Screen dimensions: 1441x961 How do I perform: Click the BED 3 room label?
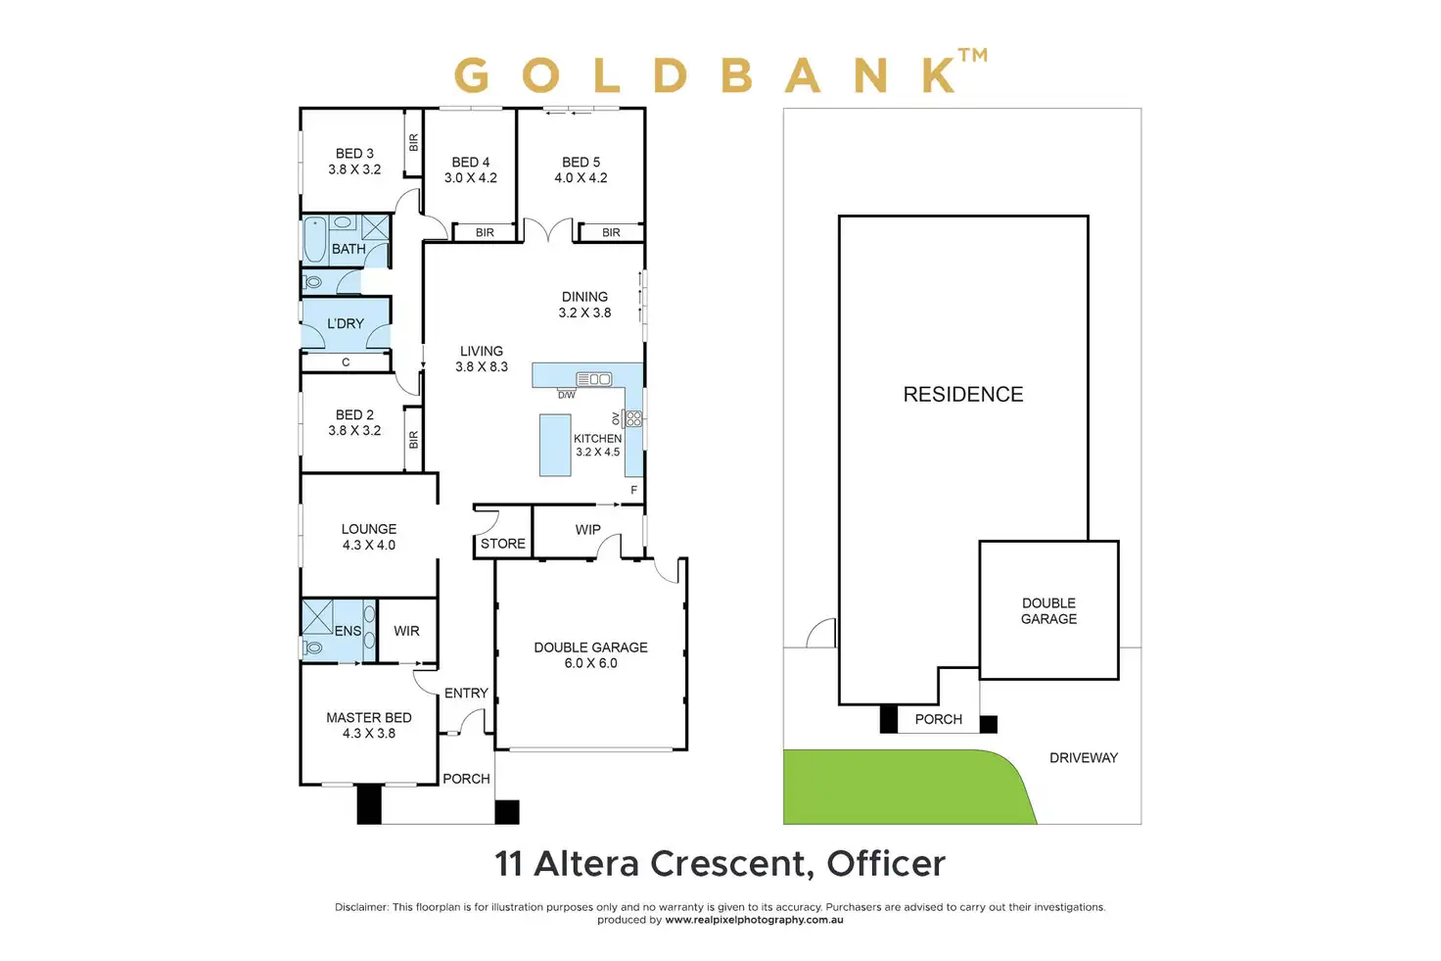coord(354,154)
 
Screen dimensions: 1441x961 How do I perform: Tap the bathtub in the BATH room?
coord(315,241)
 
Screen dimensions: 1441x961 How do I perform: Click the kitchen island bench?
coord(555,446)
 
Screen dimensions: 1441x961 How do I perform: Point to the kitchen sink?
coord(593,379)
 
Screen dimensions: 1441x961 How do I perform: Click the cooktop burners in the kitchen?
coord(633,418)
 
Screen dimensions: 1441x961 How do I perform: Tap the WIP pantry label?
coord(587,530)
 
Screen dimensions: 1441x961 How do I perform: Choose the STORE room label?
coord(503,544)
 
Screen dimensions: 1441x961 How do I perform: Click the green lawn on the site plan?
coord(901,787)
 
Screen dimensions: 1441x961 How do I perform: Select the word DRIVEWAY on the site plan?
coord(1083,758)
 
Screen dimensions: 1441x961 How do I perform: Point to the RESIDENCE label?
coord(962,395)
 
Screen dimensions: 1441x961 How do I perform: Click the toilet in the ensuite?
coord(314,648)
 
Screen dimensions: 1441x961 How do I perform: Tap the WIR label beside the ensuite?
coord(406,632)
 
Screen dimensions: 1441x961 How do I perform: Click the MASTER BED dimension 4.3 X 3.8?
coord(369,734)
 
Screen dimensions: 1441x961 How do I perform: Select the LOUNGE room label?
coord(369,529)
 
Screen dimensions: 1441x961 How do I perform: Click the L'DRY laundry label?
coord(346,323)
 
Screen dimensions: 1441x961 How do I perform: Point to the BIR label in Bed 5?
coord(611,233)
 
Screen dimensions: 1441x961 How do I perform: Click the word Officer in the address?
coord(886,864)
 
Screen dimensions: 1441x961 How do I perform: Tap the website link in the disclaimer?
coord(754,921)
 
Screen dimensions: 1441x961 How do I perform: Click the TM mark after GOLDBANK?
coord(973,56)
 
